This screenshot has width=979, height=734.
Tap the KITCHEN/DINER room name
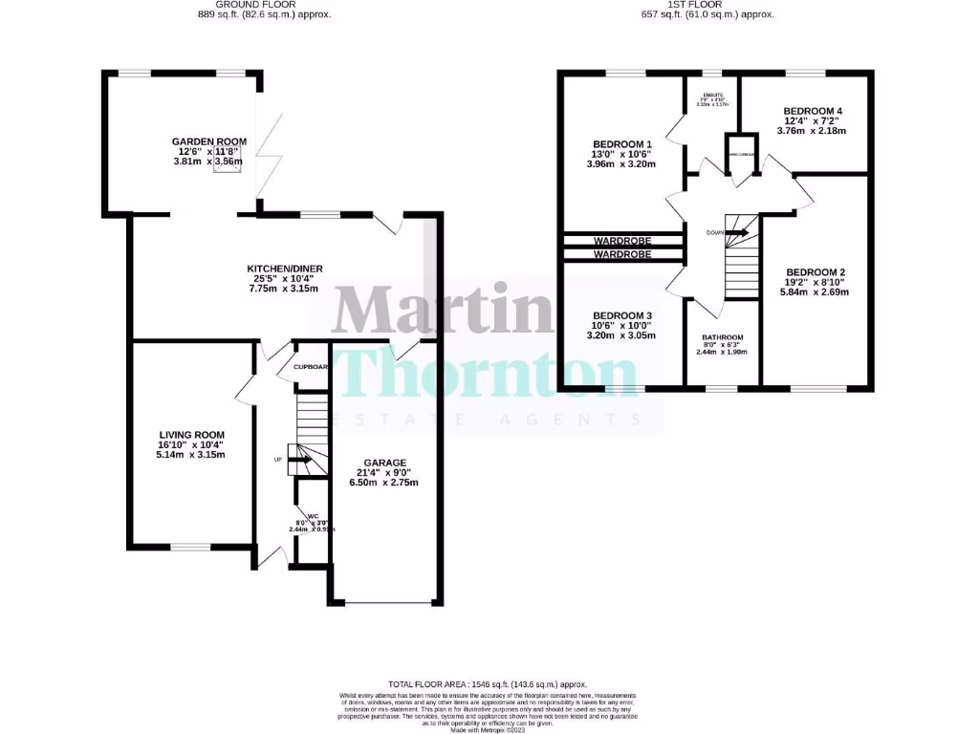coord(283,268)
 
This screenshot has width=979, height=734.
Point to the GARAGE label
coord(385,463)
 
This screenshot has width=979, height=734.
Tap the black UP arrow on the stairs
coord(300,460)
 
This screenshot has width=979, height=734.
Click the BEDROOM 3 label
coord(622,316)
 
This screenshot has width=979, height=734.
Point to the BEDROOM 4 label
coord(813,111)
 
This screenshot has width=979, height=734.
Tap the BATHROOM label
coord(722,337)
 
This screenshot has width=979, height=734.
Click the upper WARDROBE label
coord(622,239)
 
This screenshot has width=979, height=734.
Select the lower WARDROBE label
coord(622,255)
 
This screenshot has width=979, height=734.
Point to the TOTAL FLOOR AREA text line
coord(489,685)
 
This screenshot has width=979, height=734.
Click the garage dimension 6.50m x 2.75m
coord(385,483)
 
